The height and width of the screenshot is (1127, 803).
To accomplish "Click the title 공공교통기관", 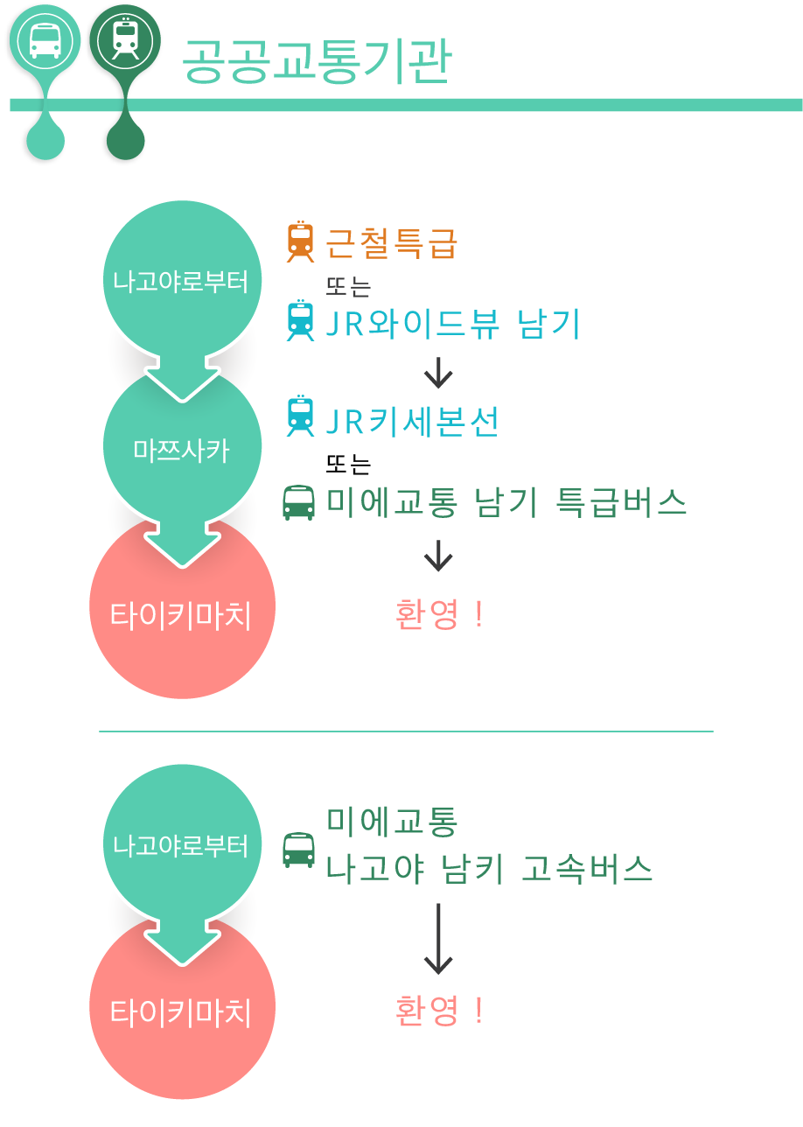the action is tap(317, 61).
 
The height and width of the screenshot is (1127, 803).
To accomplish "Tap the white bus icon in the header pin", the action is tap(45, 39).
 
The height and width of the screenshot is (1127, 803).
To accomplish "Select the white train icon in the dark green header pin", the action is tap(125, 38).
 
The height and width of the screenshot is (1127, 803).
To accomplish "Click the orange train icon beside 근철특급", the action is tap(300, 241).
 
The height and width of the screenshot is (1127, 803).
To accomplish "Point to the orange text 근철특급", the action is tap(391, 243).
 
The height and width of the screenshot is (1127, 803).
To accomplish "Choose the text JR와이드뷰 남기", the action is tap(452, 324).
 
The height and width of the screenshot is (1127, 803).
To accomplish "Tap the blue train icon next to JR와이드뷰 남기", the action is tap(300, 320).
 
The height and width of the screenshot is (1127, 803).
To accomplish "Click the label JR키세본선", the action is tap(412, 422).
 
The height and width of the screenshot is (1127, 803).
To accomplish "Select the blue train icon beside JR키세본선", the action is tap(300, 416).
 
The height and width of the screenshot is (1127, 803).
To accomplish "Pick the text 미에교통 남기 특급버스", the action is tap(506, 502).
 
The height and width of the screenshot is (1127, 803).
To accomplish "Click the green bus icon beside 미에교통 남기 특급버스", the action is tap(298, 502).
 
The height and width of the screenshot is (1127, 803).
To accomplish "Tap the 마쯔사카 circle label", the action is tap(181, 450).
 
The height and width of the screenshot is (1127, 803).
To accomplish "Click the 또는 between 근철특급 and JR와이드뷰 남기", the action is tap(348, 287).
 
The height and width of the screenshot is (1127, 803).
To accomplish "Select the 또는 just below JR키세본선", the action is tap(348, 464).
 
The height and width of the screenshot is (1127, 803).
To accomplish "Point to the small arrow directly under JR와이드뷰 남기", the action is tap(438, 373).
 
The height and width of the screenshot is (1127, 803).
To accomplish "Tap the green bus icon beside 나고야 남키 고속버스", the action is tap(298, 850).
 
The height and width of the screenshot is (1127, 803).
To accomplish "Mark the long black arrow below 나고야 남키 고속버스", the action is tap(438, 939).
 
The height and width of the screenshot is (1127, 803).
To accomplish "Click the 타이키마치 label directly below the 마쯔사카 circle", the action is tap(180, 615).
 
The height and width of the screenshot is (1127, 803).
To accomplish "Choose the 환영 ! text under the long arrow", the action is tap(439, 1011).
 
